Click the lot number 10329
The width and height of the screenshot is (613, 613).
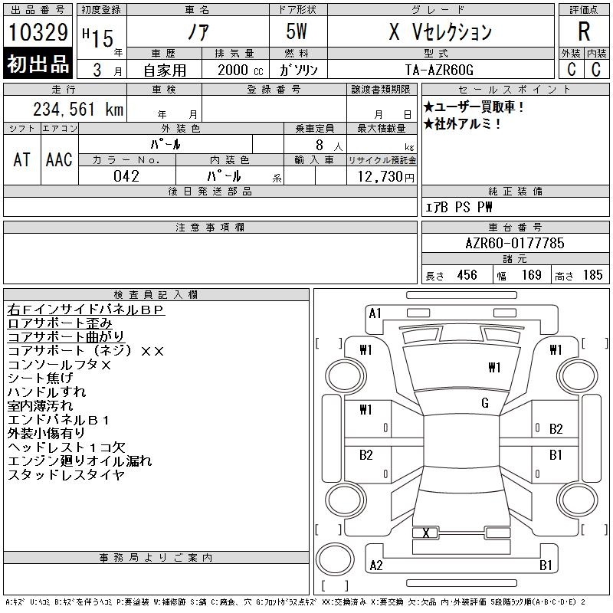[38, 32]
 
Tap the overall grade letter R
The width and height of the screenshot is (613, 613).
[584, 31]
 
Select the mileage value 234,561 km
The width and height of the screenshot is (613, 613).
[78, 109]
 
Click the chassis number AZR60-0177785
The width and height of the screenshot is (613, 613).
[515, 243]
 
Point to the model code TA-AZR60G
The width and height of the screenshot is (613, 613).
[439, 70]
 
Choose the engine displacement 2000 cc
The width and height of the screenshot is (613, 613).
[240, 70]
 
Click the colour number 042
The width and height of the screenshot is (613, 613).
[126, 176]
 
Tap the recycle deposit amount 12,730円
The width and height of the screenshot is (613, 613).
[386, 177]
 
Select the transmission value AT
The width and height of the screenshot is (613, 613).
[22, 159]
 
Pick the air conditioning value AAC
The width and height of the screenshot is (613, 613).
[59, 159]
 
